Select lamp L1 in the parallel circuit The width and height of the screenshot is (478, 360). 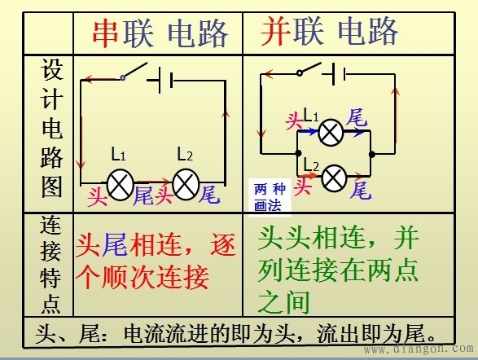point(330,132)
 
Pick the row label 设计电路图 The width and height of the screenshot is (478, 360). point(50,130)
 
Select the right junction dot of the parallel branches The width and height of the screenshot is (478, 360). point(371,153)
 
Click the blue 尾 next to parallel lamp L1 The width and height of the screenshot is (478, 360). point(356,118)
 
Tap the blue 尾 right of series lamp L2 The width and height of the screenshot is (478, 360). point(208,195)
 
